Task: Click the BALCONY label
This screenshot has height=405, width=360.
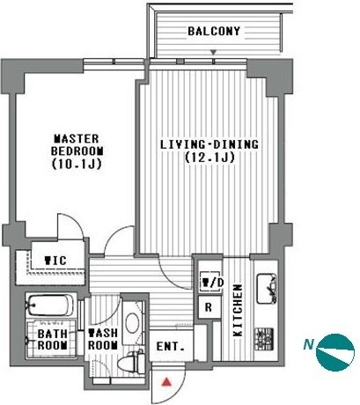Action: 214,31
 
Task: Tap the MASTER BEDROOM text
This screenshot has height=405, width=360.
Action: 77,144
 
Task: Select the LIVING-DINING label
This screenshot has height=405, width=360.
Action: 209,144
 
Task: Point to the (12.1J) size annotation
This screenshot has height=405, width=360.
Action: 210,158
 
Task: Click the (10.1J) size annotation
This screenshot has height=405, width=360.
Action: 77,164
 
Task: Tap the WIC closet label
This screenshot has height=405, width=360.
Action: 55,261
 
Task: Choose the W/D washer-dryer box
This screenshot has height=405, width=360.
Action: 210,282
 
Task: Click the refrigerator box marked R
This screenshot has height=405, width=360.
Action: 209,307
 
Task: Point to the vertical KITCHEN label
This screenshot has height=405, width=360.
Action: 238,310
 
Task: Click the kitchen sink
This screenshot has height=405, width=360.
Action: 267,289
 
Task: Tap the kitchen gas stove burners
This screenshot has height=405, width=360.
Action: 264,339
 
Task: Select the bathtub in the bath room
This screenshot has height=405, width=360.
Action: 50,306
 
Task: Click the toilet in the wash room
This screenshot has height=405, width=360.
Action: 130,363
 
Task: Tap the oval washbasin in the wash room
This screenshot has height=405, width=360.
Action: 133,323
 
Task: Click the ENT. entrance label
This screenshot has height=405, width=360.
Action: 171,347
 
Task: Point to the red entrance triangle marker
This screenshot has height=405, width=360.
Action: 166,381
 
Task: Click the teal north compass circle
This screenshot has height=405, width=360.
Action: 335,352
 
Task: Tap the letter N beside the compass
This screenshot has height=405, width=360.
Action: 308,344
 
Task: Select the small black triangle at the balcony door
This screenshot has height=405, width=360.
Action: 214,53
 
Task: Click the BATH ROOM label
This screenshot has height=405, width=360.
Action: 53,340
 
